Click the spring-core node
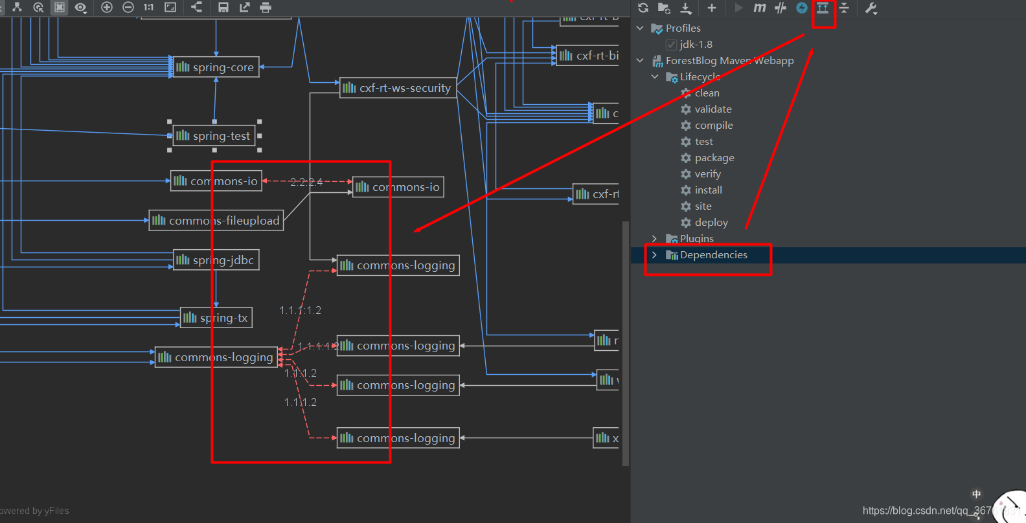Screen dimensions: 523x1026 (x=216, y=67)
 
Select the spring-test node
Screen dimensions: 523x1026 (x=214, y=136)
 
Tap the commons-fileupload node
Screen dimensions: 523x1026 (x=216, y=221)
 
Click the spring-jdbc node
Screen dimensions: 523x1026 (x=216, y=260)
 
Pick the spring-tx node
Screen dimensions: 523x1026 (x=216, y=318)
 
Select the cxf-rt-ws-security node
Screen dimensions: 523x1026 (x=398, y=88)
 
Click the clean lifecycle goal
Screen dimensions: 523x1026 (x=707, y=93)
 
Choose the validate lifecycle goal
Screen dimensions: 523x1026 (x=712, y=109)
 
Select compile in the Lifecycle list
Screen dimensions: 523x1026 (x=713, y=126)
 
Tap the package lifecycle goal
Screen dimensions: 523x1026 (x=714, y=158)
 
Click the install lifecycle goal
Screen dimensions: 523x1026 (x=708, y=190)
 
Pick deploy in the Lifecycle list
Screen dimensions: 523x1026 (x=711, y=223)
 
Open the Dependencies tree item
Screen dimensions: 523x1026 (x=713, y=255)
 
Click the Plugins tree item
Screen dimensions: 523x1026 (x=696, y=239)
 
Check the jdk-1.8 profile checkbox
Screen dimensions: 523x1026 (x=671, y=45)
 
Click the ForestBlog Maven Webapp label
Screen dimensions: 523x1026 (x=729, y=61)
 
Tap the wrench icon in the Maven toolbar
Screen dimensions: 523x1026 (x=871, y=8)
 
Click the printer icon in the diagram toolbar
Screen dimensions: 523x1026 (x=266, y=8)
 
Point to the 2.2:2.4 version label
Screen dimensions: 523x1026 (x=306, y=183)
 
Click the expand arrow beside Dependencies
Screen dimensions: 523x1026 (x=654, y=255)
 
